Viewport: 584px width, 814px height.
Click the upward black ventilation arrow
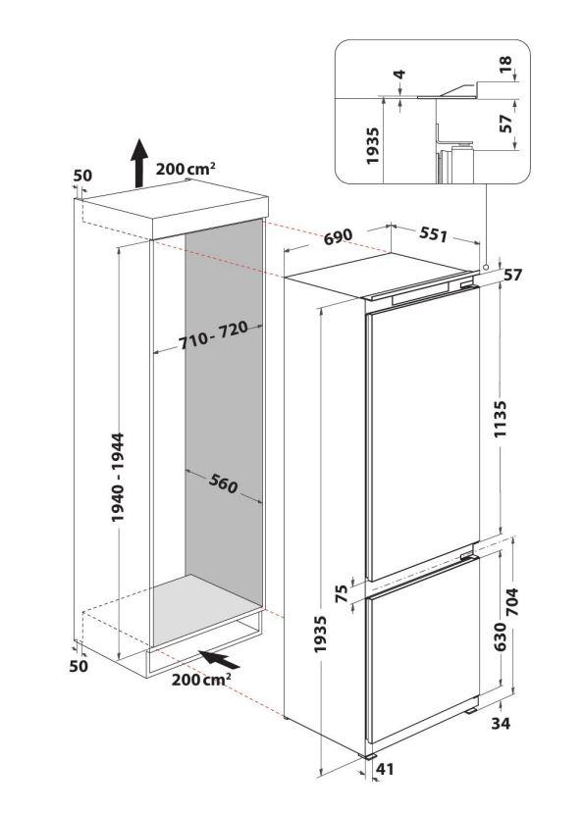click(138, 163)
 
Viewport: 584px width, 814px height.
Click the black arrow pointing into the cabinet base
click(220, 659)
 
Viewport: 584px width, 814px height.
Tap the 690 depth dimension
click(338, 236)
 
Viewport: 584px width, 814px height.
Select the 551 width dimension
click(433, 234)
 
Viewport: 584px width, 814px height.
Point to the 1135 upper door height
click(500, 419)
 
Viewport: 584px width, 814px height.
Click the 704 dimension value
click(512, 601)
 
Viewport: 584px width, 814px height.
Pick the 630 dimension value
click(500, 636)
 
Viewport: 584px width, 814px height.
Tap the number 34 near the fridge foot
click(501, 722)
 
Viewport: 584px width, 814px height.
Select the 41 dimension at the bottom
click(385, 769)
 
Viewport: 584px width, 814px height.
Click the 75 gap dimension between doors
click(342, 593)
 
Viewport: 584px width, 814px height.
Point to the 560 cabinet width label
click(224, 483)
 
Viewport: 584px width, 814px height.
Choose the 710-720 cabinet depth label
click(213, 336)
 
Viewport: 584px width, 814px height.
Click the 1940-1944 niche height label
click(118, 477)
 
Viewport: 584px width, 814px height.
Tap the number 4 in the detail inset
click(399, 75)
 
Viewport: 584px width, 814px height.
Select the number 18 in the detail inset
click(505, 64)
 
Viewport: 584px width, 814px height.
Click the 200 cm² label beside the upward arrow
click(186, 169)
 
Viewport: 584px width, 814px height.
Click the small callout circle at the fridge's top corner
click(485, 267)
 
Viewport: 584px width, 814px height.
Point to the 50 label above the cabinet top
click(82, 176)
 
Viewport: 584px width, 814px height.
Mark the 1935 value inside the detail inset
click(373, 146)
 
